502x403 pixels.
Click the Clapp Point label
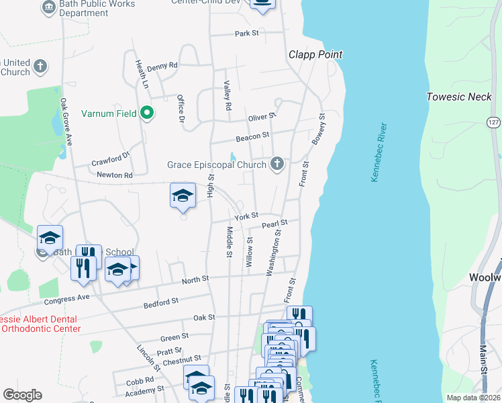[x=315, y=54]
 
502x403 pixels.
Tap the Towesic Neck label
[x=460, y=97]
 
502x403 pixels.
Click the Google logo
[x=22, y=395]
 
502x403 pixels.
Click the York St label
[x=246, y=216]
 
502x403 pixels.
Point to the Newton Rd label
[x=115, y=175]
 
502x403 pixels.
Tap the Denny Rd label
[x=162, y=66]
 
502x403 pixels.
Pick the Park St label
[x=246, y=33]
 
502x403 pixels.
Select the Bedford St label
[x=161, y=304]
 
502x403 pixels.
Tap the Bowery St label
[x=318, y=129]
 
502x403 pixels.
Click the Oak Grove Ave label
[x=66, y=122]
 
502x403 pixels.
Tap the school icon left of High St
[x=183, y=195]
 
